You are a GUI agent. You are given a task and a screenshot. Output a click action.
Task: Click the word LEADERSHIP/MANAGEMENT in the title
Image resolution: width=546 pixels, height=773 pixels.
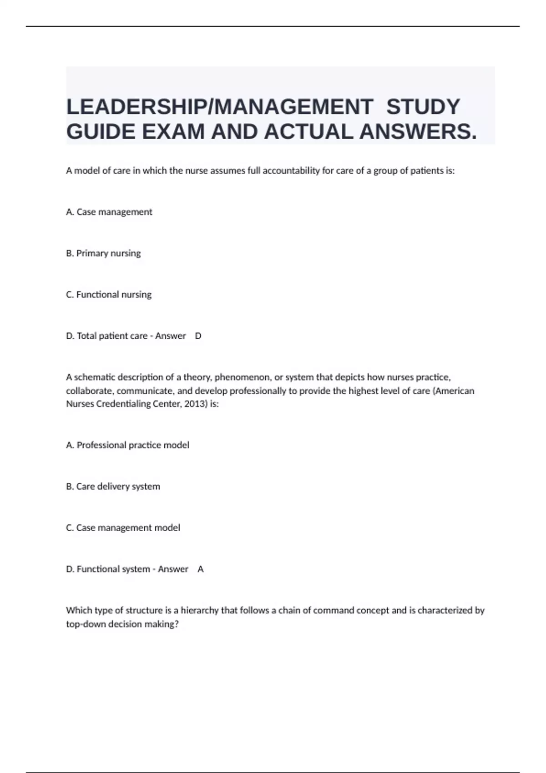coord(219,107)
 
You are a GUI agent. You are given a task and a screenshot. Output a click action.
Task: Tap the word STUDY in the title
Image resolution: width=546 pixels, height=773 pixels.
coord(423,107)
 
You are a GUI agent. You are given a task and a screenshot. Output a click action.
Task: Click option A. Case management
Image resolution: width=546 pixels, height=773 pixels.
coord(109,212)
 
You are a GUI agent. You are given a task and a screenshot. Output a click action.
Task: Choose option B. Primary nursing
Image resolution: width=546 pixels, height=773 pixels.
coord(103,253)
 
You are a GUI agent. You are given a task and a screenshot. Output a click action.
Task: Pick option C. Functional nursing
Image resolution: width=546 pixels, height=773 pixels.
coord(109,295)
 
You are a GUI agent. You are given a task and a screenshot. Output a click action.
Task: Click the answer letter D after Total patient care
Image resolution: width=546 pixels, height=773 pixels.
coord(198,336)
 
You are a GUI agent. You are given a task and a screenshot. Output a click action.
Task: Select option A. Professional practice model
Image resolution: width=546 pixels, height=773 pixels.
coord(128,445)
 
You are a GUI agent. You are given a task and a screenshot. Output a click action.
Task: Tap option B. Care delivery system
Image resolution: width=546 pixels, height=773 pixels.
coord(113,487)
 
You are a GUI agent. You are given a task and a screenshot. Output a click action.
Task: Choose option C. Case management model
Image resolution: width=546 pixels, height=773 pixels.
coord(123,528)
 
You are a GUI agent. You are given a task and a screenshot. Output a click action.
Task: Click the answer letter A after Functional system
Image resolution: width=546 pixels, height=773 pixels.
coord(201,569)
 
